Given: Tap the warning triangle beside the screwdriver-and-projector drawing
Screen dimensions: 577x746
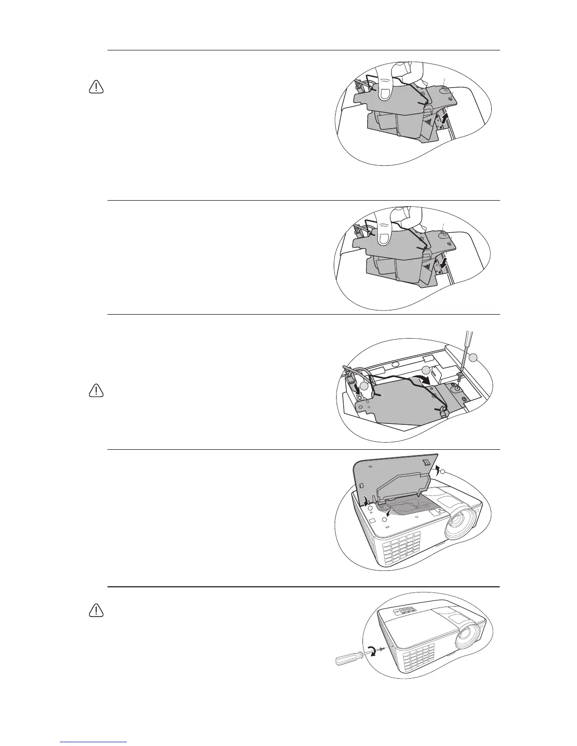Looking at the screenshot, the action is (96, 610).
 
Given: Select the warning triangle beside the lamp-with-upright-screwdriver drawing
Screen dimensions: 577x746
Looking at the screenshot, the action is (96, 390).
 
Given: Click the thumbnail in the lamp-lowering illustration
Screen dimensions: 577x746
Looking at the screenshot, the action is (385, 237).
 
